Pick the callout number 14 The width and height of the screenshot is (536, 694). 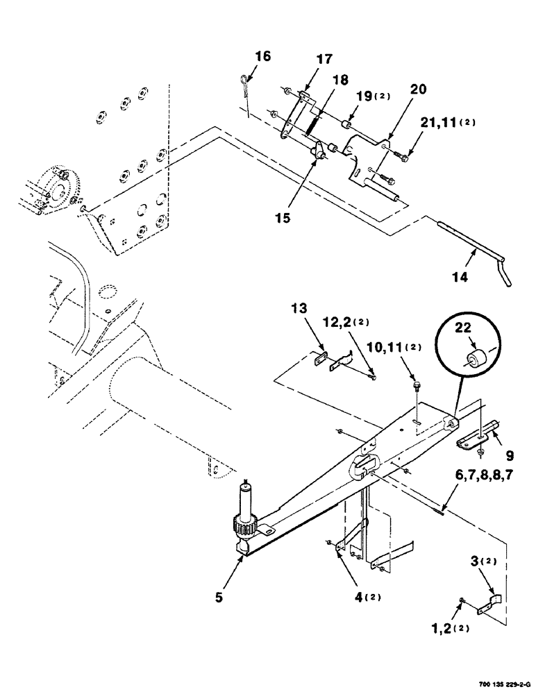(459, 276)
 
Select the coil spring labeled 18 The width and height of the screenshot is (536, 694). (312, 126)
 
